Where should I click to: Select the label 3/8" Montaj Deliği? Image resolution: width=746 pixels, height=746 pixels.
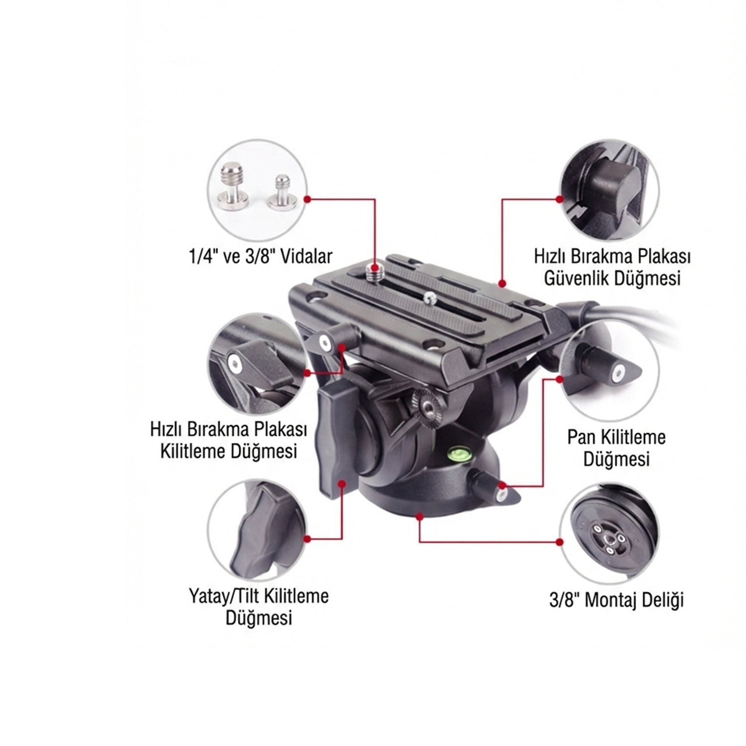[616, 600]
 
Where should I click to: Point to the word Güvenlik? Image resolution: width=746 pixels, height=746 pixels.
[576, 279]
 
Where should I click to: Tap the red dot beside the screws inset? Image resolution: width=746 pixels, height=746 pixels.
[307, 199]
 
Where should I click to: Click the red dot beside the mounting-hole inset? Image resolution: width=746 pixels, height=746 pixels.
[560, 541]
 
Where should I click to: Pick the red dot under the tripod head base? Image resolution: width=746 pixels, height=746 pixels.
[420, 517]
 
